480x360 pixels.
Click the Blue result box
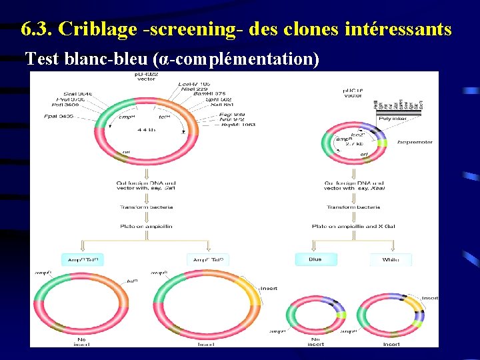[315, 259]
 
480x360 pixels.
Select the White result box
[390, 259]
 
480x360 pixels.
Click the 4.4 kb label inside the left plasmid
[146, 130]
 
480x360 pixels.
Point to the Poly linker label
[393, 118]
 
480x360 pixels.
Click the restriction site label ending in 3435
[59, 116]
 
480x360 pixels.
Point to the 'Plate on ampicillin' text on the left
[145, 226]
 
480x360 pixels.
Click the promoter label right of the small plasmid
[415, 142]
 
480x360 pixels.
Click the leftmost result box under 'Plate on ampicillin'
[83, 259]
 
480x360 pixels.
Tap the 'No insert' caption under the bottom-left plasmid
[83, 341]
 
